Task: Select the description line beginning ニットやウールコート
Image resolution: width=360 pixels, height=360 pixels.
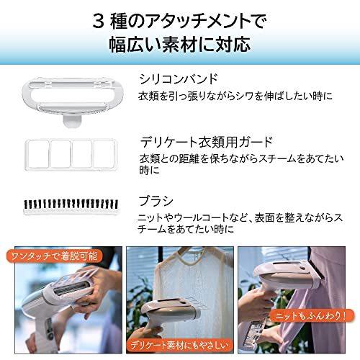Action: [244, 217]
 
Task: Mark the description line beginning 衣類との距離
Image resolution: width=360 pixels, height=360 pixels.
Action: [244, 160]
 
